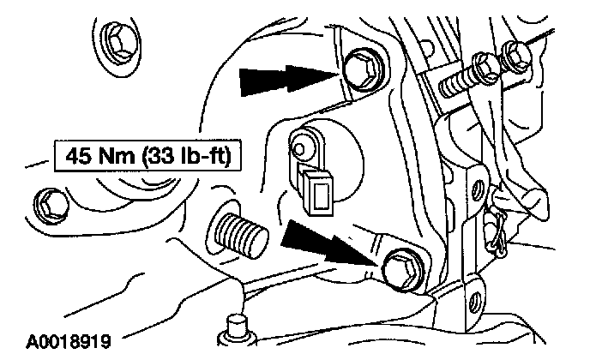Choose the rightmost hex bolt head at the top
[x=515, y=53]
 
